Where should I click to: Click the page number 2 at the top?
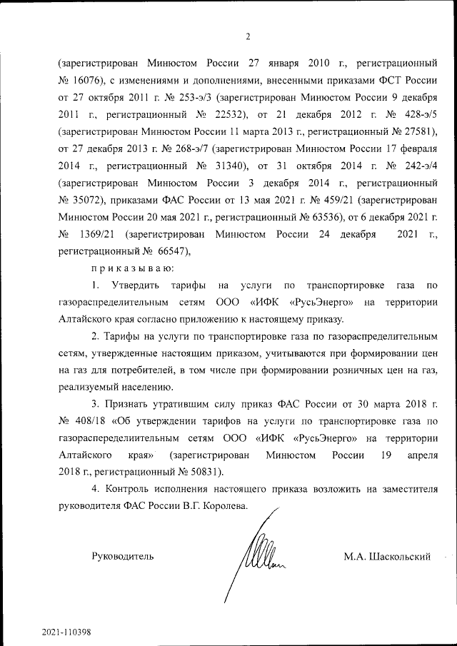click(x=248, y=36)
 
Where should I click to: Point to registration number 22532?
click(x=225, y=114)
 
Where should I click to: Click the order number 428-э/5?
click(x=421, y=114)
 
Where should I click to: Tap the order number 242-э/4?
click(x=421, y=167)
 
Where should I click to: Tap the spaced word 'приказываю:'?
click(x=129, y=269)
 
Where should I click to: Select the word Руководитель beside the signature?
click(x=122, y=556)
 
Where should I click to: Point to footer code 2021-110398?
click(x=66, y=632)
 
